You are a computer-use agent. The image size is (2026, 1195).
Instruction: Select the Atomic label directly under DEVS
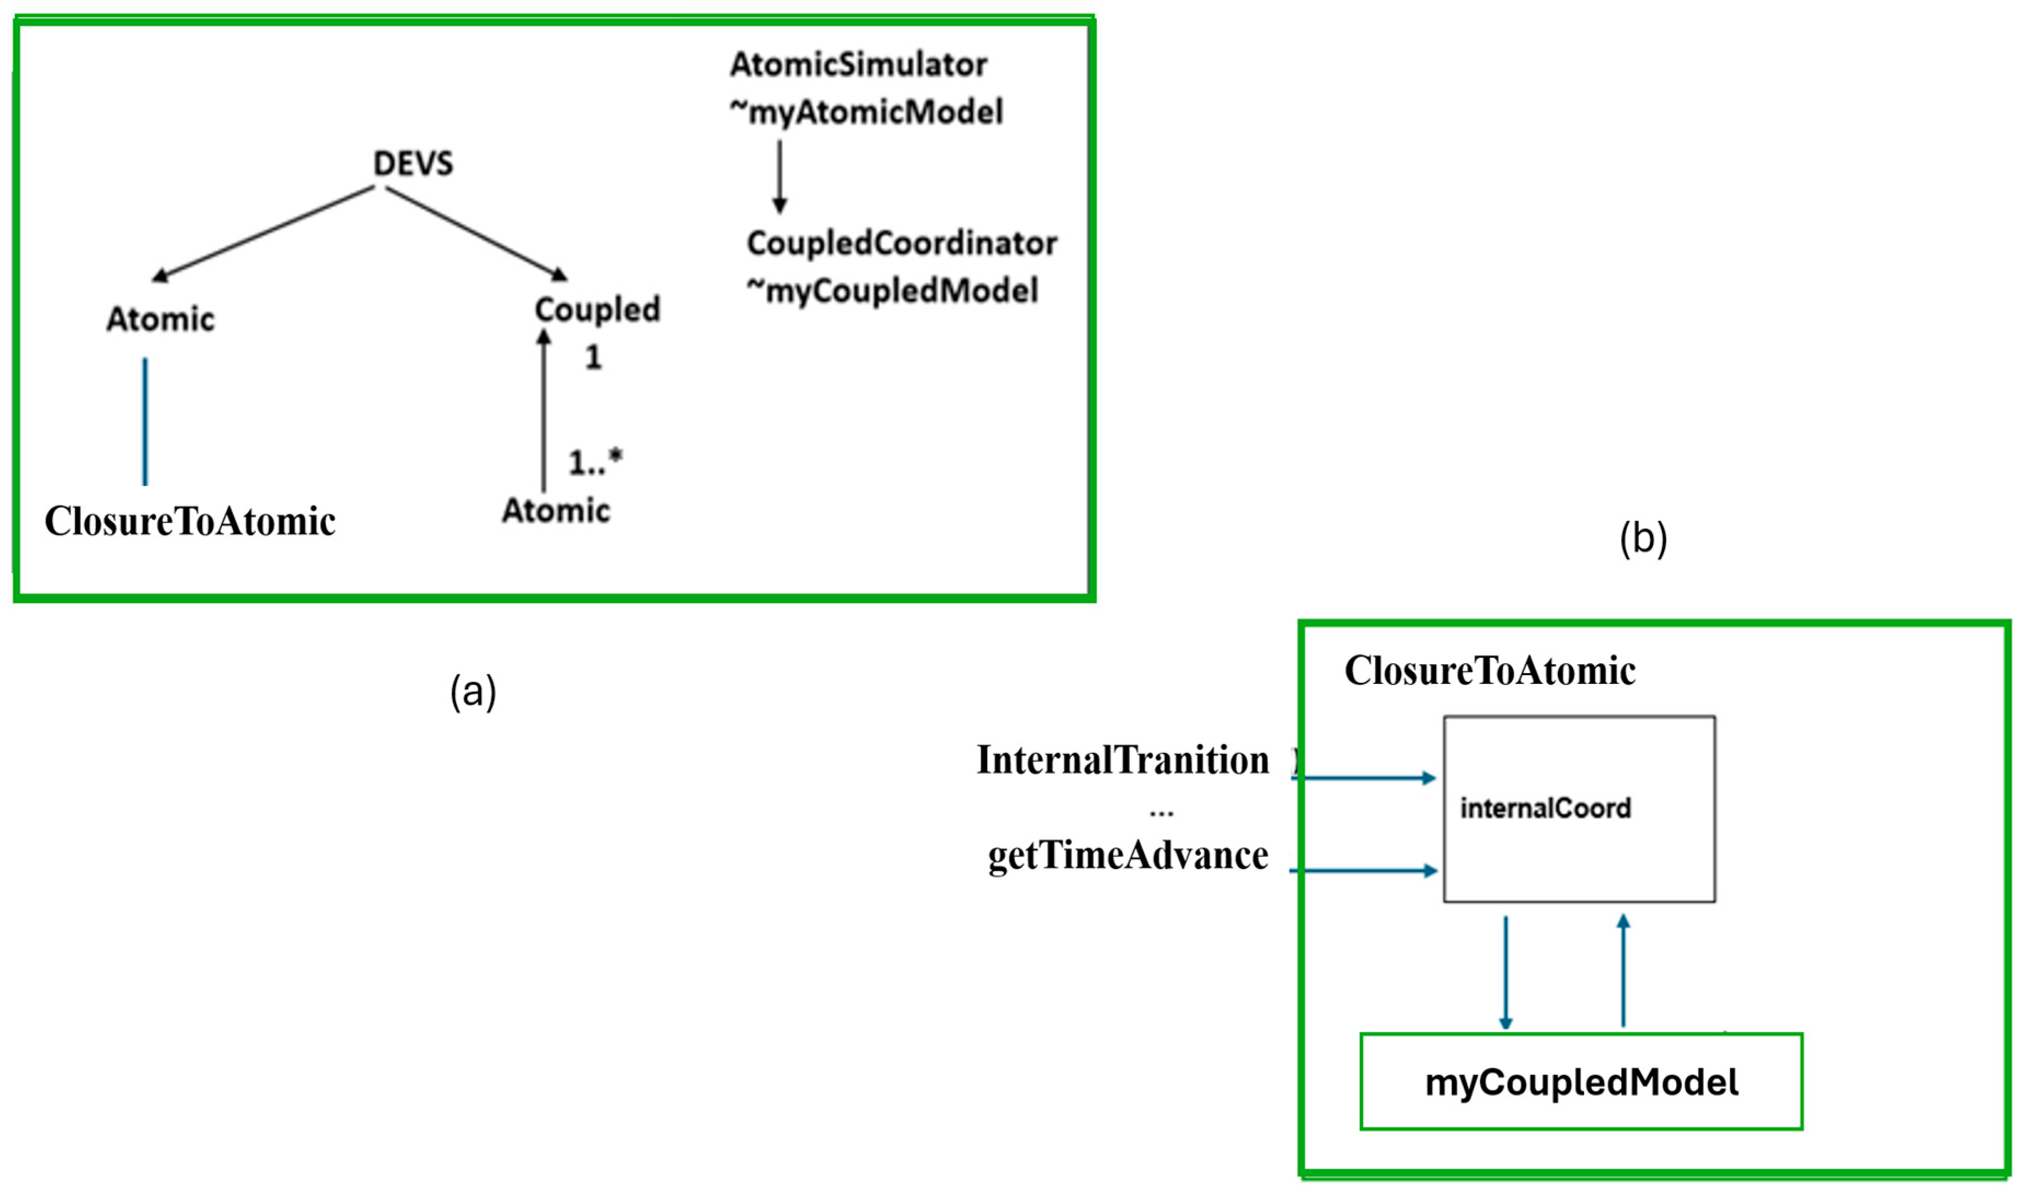(161, 320)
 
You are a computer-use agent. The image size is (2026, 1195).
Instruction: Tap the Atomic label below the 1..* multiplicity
(556, 511)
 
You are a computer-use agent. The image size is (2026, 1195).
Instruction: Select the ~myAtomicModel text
(867, 112)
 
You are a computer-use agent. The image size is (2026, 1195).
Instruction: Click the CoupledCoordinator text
(902, 243)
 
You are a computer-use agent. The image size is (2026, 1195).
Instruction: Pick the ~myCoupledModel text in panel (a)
(893, 291)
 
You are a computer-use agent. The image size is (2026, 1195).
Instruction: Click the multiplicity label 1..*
(595, 462)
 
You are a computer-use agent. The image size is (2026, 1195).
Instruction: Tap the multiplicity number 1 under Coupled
(593, 357)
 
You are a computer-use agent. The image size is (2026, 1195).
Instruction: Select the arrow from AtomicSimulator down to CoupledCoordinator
(779, 176)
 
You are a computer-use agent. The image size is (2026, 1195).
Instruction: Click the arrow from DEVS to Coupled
(475, 234)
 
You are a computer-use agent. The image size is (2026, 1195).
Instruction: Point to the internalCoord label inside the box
(1545, 808)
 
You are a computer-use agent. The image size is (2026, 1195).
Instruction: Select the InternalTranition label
(1122, 760)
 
